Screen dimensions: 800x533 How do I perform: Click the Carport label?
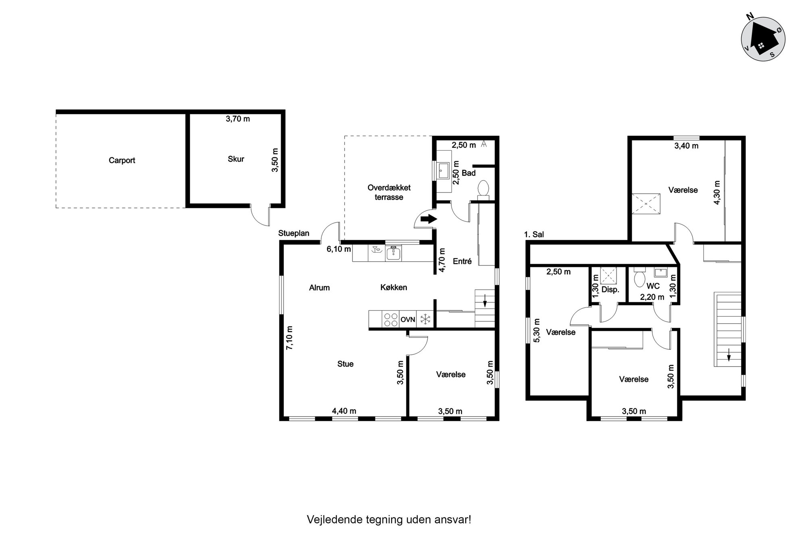122,160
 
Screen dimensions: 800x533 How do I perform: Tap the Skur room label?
236,159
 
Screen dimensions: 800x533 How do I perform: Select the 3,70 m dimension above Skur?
238,119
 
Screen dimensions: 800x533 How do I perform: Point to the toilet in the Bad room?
483,190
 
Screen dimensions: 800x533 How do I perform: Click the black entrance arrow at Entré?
429,219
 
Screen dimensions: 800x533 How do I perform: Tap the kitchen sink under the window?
393,253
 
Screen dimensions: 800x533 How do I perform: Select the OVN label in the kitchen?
408,319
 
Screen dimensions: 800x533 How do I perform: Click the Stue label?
346,364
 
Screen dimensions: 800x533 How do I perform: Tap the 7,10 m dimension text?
290,337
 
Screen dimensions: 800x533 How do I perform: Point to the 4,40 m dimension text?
344,411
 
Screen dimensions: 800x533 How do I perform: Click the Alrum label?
319,288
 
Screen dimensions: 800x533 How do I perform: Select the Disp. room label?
610,290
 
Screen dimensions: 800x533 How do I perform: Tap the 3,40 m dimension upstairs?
686,146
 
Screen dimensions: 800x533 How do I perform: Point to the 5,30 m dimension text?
536,330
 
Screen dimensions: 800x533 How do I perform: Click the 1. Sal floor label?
534,234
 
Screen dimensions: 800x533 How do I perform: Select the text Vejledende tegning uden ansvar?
389,519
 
